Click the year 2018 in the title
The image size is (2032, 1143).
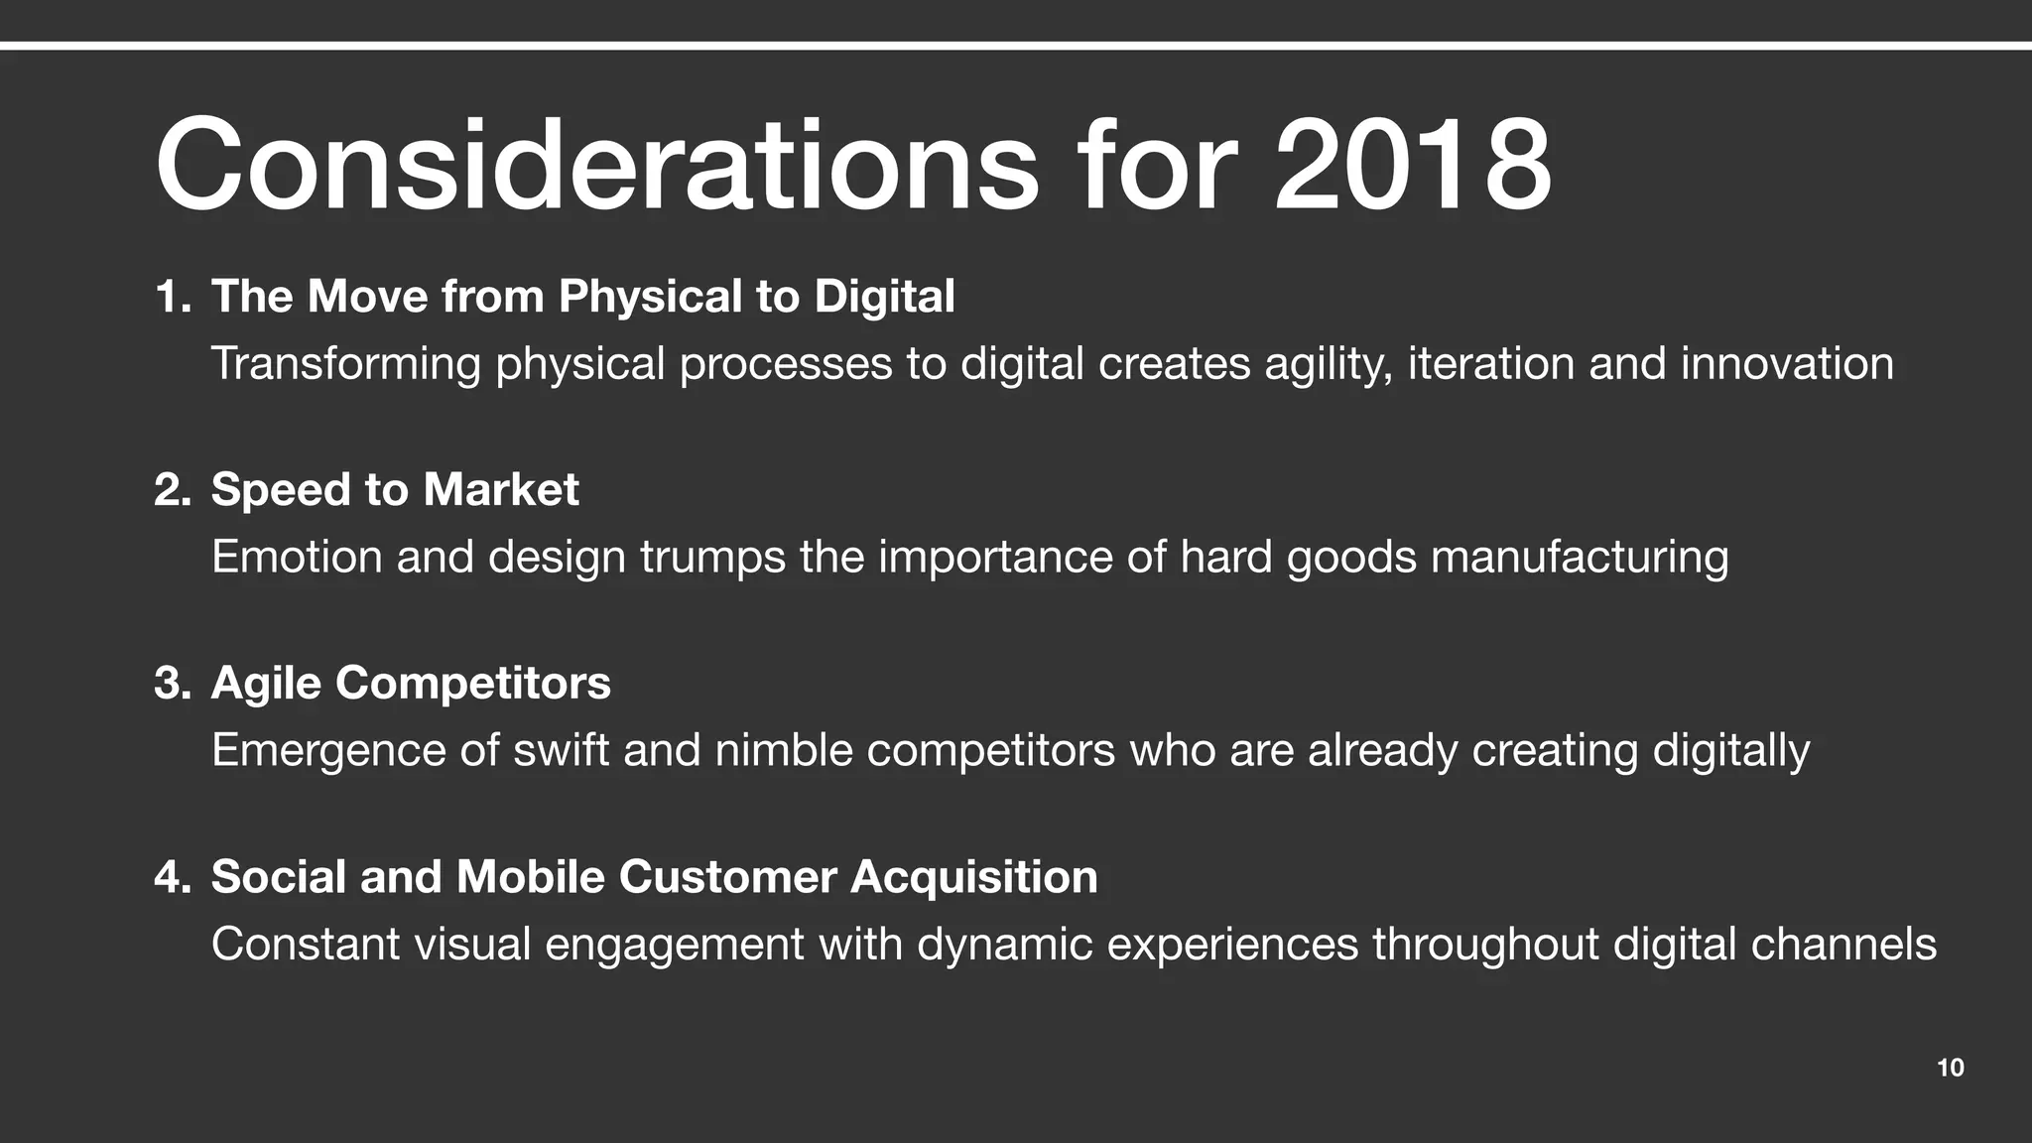click(x=1413, y=166)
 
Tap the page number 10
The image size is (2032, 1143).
click(x=1950, y=1068)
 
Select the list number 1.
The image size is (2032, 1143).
click(x=171, y=297)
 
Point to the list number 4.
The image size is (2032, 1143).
click(x=171, y=877)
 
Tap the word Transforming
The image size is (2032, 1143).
click(x=345, y=363)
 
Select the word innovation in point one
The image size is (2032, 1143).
click(x=1787, y=363)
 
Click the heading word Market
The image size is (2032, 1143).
click(x=501, y=490)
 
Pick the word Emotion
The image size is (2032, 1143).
click(x=297, y=557)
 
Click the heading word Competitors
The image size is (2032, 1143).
click(x=473, y=683)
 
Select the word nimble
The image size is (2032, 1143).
click(x=784, y=750)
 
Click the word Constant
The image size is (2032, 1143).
click(x=306, y=944)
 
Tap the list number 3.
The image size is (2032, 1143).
click(x=171, y=684)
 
